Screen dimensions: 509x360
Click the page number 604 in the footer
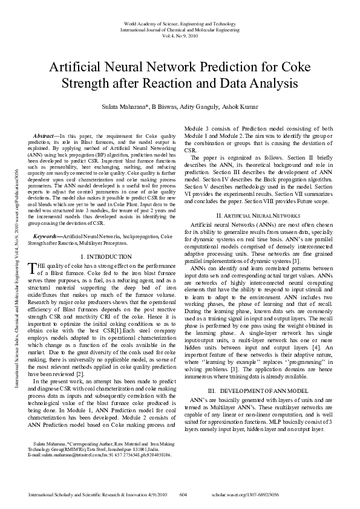click(x=184, y=494)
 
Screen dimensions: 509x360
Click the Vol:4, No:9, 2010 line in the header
click(x=180, y=36)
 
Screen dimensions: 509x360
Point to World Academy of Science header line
click(x=180, y=22)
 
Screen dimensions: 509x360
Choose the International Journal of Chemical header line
click(x=180, y=29)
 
